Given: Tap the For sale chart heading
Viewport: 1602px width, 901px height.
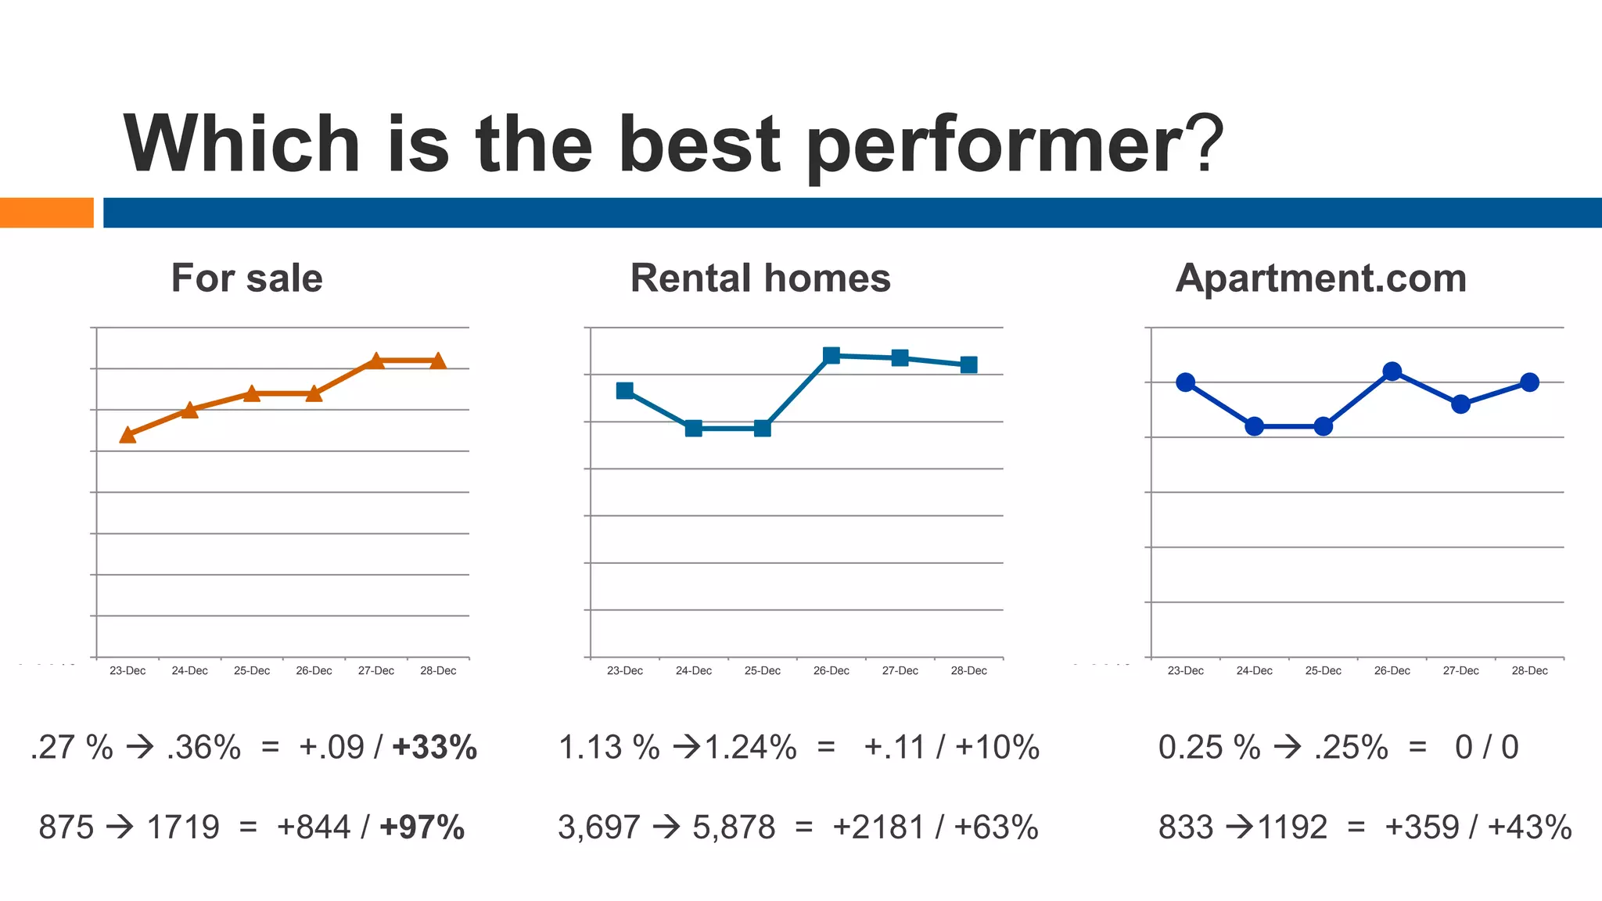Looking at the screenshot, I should click(x=246, y=278).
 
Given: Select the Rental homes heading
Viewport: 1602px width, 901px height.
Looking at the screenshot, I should click(x=760, y=278).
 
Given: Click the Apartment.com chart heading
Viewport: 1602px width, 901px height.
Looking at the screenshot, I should click(x=1320, y=278).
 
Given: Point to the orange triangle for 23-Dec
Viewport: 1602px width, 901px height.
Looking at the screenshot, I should click(x=128, y=435).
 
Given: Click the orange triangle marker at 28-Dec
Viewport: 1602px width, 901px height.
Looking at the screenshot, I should click(x=438, y=361).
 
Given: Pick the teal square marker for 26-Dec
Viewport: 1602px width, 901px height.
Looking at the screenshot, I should click(x=832, y=355).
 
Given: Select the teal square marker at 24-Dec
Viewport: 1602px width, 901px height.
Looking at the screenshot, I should click(x=693, y=428).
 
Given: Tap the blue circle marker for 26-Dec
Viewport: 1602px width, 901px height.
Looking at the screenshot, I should click(x=1392, y=372).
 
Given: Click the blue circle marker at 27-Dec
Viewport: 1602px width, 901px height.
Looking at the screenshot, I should click(x=1460, y=404).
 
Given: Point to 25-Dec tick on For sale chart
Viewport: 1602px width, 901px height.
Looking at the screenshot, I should click(x=252, y=671).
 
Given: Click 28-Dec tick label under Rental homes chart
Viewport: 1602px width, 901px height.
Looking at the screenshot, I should click(x=968, y=671).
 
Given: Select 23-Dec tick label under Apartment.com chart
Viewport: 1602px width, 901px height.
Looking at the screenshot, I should click(x=1185, y=671).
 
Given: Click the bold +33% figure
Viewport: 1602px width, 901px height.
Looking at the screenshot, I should click(x=434, y=748).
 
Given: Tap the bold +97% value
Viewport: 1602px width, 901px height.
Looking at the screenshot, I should click(x=422, y=827).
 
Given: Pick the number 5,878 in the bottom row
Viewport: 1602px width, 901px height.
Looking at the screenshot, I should click(x=734, y=827).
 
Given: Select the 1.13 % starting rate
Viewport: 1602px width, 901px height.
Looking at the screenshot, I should click(x=609, y=748).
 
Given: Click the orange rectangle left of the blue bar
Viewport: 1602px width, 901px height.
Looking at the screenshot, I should click(x=46, y=213).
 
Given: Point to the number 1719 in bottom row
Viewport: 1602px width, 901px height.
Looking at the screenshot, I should click(x=183, y=827).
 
